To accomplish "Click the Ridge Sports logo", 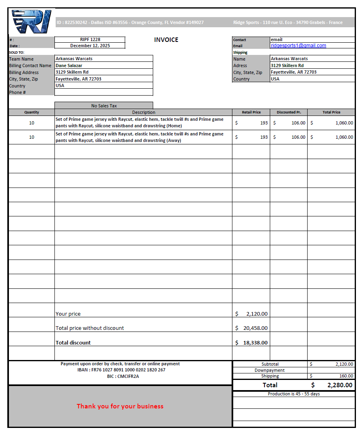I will click(32, 22).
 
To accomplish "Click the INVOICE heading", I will click(166, 40).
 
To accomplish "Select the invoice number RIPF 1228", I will click(90, 39).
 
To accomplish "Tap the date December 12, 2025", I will click(90, 46).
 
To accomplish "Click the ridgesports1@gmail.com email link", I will click(298, 46).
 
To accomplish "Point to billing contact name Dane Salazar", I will click(69, 65).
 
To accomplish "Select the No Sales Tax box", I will click(104, 106).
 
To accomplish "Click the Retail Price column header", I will click(251, 112).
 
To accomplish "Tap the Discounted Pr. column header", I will click(288, 112).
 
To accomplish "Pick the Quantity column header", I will click(32, 112).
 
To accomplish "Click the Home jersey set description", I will click(139, 122).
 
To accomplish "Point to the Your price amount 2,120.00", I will click(257, 314).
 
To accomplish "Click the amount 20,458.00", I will click(255, 328).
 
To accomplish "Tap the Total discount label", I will click(73, 343).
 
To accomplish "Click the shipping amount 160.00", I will click(346, 376).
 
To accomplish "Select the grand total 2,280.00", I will click(340, 385).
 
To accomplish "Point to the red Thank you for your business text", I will click(120, 406).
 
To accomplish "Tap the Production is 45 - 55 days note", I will click(294, 394).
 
